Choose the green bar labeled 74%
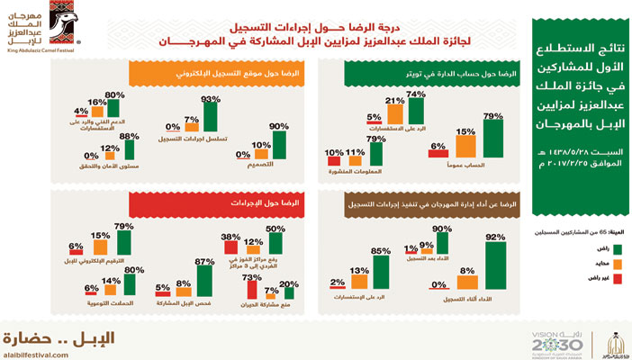(415, 110)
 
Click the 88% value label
(129, 136)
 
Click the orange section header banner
(174, 70)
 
